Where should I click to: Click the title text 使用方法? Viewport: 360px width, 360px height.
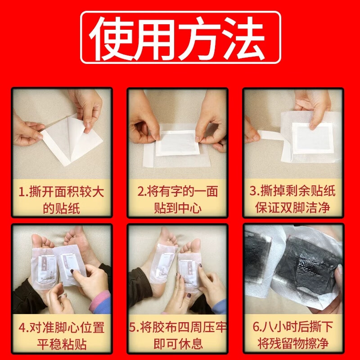click(180, 37)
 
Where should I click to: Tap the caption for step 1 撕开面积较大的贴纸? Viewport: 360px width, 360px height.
click(62, 199)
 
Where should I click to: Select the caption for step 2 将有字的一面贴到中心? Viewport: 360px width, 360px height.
click(178, 199)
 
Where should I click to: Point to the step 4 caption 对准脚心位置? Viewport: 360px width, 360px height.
click(62, 327)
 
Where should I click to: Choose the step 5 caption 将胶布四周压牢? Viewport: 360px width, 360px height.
click(178, 327)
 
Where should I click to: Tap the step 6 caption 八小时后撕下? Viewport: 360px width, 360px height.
click(293, 327)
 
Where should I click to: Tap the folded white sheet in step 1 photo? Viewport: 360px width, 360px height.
click(74, 137)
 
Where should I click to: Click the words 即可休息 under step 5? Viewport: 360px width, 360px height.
click(178, 344)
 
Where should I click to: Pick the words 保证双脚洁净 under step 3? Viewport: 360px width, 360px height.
click(293, 207)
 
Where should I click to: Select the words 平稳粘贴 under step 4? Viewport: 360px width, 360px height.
click(62, 344)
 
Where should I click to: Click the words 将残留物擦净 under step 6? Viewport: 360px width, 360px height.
click(293, 344)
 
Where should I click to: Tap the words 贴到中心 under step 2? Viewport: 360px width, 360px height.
click(178, 207)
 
